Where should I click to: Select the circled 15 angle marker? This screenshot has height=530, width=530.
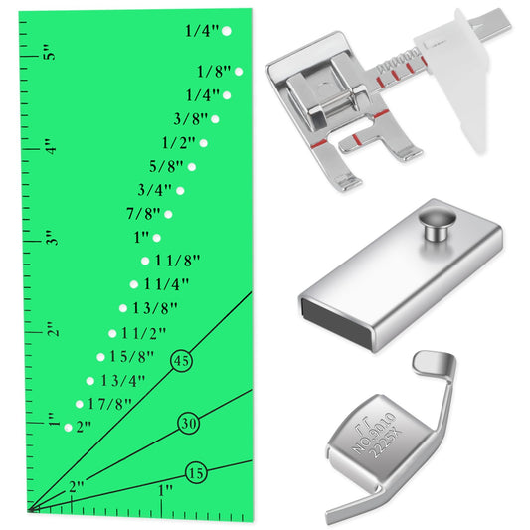(x=196, y=473)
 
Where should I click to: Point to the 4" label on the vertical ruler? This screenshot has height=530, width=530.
(x=48, y=146)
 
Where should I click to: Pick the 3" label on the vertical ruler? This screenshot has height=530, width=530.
(x=48, y=239)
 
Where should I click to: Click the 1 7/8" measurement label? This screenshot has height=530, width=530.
(x=107, y=404)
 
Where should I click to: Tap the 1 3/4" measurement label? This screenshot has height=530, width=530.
(x=123, y=380)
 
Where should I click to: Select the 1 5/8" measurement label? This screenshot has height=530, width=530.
(x=133, y=356)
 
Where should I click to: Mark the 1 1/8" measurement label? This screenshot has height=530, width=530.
(x=178, y=261)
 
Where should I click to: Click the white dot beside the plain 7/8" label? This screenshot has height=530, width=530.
(x=168, y=213)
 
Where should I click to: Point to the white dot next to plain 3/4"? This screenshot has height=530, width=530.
(x=180, y=189)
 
